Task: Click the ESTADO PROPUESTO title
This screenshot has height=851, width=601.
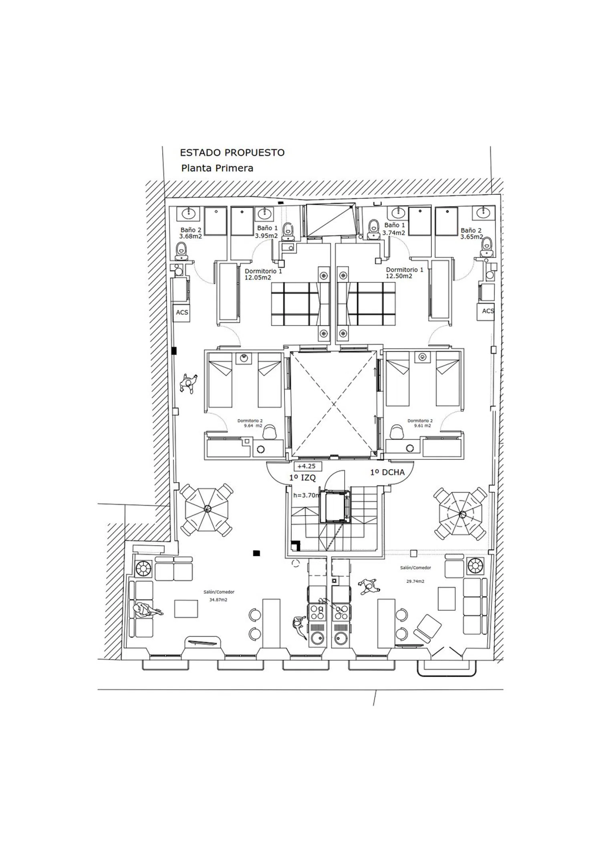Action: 232,152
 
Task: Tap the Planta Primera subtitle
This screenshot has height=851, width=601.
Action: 217,168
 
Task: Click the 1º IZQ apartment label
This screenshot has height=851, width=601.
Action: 303,477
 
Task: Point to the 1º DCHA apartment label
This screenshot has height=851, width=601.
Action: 387,472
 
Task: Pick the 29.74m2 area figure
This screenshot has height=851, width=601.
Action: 415,581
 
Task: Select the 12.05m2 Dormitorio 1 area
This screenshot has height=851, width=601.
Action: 258,277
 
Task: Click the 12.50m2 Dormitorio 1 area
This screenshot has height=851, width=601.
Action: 399,276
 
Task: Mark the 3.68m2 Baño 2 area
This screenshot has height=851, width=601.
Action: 190,236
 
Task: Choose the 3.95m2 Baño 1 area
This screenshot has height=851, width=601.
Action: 266,236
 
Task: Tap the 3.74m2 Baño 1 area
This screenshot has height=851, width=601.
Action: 393,232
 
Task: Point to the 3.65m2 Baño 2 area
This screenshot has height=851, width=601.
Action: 472,237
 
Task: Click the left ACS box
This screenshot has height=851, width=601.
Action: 182,312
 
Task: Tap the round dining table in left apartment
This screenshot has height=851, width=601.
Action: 207,509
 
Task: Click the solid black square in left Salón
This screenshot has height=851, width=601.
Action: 256,553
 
